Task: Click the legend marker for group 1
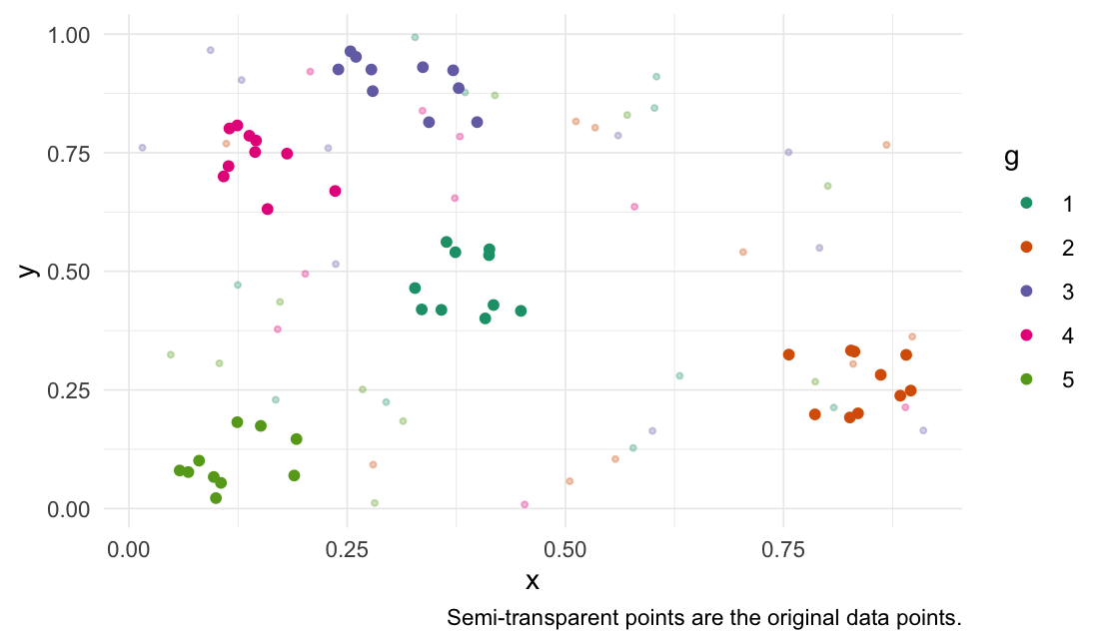point(1026,204)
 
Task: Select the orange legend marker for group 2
point(1026,247)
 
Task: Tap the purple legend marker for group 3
point(1026,291)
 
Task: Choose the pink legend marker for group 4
point(1026,334)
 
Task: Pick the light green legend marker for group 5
point(1026,378)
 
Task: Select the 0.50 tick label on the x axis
point(565,547)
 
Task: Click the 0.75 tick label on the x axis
point(783,547)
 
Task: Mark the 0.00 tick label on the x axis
point(128,547)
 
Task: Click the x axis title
point(533,580)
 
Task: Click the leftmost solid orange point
point(788,354)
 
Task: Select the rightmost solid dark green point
point(521,312)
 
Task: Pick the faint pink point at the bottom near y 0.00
point(525,504)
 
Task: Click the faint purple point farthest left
point(142,148)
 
